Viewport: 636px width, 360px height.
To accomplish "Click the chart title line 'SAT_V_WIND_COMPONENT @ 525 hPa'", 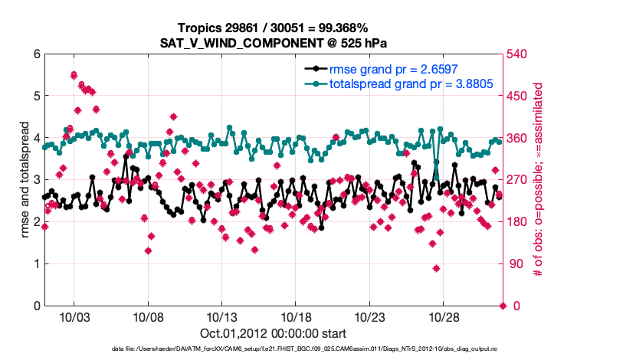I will (x=274, y=42).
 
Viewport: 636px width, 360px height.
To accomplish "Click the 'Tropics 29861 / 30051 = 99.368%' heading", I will (x=274, y=28).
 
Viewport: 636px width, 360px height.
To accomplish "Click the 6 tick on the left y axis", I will (x=36, y=54).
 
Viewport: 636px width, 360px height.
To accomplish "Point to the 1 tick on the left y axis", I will (x=36, y=264).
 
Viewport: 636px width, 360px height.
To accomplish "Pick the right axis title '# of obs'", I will (x=538, y=180).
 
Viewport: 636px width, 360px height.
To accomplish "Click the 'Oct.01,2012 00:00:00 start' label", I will (x=274, y=334).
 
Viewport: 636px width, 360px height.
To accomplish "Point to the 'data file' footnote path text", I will (x=274, y=349).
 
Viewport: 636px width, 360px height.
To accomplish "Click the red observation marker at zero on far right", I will (x=503, y=306).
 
